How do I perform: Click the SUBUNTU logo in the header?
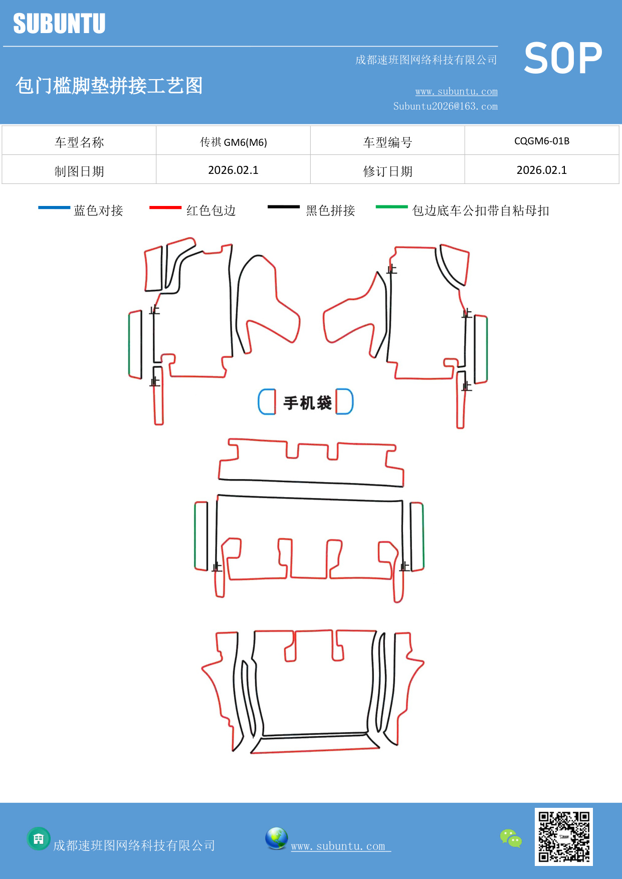pos(59,24)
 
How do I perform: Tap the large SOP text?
pos(563,59)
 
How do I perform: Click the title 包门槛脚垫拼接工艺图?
pos(109,86)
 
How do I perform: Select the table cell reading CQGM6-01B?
pos(542,141)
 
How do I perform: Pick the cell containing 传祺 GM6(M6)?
pos(233,142)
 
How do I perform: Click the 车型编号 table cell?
pos(387,142)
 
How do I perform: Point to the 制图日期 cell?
pos(79,171)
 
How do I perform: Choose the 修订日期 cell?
pos(387,171)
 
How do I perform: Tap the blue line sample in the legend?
pos(54,207)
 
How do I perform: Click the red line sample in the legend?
pos(165,207)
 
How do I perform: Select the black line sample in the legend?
pos(283,206)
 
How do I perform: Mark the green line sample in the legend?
pos(391,206)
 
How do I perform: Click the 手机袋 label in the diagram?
pos(307,402)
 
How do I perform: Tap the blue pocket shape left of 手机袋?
pos(267,401)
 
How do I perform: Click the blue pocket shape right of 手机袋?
pos(344,401)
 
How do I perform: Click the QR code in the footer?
pos(563,836)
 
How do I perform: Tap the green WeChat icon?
pos(511,838)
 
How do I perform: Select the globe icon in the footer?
pos(276,838)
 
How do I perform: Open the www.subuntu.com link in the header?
pos(456,92)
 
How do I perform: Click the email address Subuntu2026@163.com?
pos(445,106)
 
